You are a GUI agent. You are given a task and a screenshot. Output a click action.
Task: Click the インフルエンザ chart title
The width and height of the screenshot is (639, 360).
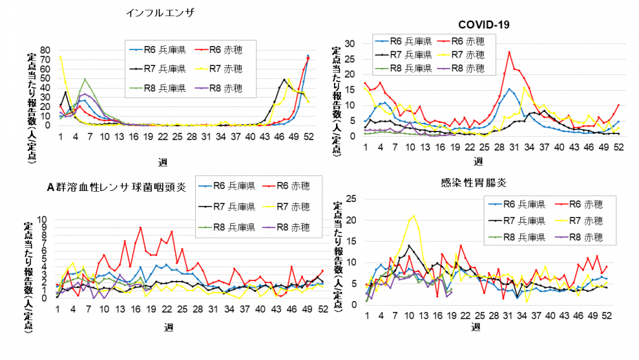point(160,13)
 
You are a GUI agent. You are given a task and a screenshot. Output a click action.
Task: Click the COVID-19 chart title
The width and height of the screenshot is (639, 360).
point(484,25)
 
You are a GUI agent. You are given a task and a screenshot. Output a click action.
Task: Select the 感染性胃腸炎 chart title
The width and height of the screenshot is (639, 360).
point(473,182)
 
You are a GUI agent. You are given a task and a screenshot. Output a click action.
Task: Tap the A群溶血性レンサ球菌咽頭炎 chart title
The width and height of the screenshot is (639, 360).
point(117,187)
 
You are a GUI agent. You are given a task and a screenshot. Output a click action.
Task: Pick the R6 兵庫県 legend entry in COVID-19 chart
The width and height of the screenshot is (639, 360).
point(403,41)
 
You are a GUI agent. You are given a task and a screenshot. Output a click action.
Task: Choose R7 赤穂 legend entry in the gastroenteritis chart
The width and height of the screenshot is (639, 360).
point(579,221)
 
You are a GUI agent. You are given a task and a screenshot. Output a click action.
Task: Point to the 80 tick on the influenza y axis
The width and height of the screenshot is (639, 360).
point(45,51)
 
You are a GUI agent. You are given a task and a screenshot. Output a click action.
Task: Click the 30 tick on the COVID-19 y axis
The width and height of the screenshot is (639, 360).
point(350,43)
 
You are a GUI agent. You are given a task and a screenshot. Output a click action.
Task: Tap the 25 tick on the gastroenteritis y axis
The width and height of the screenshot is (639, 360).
point(351,199)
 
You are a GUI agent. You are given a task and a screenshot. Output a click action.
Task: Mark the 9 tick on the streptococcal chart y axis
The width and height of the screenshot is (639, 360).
point(43,227)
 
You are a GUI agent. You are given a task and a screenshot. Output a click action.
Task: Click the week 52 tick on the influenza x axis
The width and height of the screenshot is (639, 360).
point(309,136)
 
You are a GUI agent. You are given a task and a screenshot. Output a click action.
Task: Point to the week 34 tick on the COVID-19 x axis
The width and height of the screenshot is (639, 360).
point(529,147)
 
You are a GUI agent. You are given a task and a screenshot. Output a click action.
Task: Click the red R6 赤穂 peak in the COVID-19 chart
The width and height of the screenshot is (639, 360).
point(509,52)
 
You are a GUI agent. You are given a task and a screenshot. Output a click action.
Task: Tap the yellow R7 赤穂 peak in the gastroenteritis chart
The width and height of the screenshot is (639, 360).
point(414,216)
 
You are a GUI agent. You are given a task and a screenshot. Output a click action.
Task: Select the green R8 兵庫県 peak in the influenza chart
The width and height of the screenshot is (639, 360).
point(85,79)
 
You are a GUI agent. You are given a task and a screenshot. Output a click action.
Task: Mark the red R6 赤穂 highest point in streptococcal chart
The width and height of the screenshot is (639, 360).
point(141,227)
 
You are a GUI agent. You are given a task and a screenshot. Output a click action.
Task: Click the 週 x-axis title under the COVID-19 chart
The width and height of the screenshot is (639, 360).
point(478,161)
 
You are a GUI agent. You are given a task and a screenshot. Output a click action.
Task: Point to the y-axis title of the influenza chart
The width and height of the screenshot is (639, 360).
point(32,108)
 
